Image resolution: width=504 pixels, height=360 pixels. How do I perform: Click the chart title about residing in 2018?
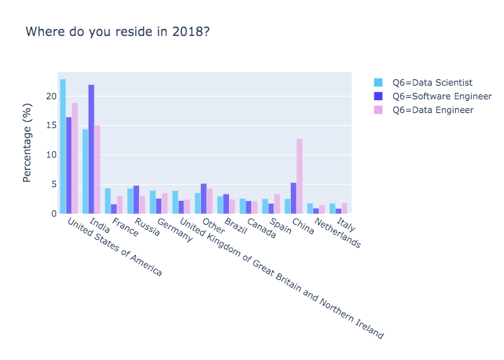pos(118,32)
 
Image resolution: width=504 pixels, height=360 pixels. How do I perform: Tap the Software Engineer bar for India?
pos(91,149)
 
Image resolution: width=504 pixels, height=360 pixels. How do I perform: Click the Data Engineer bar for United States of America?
pos(75,158)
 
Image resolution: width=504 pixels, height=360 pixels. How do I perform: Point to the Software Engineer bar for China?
pos(293,198)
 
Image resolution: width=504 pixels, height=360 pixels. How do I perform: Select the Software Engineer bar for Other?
pos(204,198)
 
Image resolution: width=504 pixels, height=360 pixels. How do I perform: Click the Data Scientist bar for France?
pos(107,201)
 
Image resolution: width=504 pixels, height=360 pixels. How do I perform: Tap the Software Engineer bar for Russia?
pos(136,199)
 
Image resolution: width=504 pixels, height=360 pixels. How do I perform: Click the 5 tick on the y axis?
pos(53,184)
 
